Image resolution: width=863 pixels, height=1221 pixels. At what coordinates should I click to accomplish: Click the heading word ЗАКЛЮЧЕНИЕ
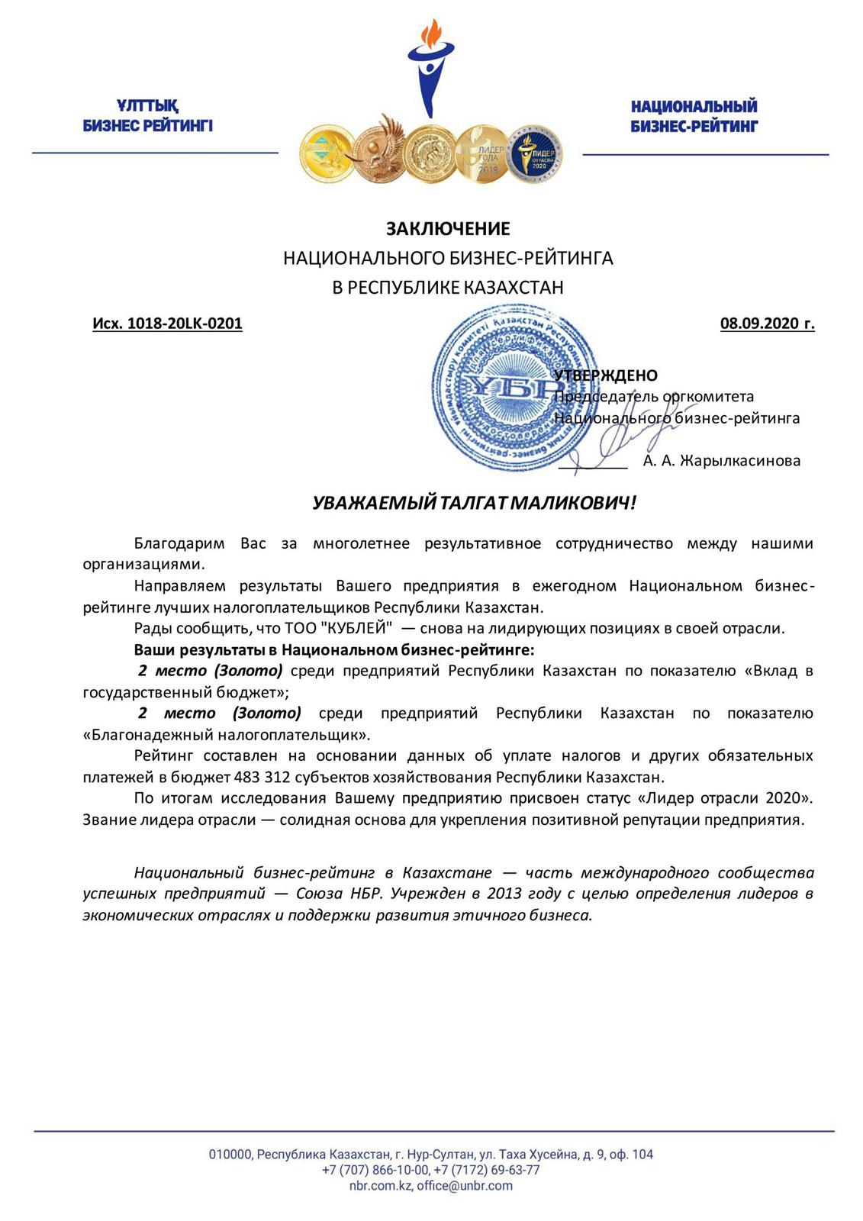[447, 229]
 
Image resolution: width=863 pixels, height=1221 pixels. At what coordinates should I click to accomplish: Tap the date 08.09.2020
[758, 324]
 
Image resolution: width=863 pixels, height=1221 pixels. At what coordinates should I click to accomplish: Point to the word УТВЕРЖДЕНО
[606, 375]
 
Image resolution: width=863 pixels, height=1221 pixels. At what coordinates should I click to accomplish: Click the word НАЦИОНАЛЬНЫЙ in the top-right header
[694, 107]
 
